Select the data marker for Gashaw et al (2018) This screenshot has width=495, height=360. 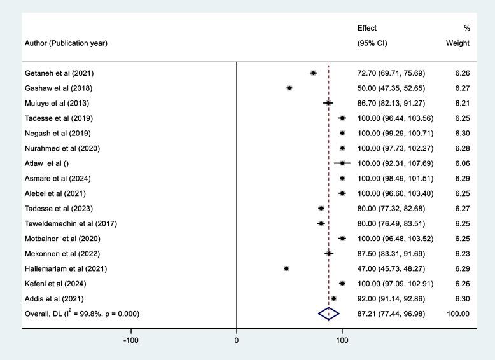[x=289, y=88]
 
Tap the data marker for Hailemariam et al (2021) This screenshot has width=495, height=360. [x=286, y=268]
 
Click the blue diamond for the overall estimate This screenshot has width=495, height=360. [x=329, y=314]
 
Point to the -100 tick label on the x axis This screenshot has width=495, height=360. [x=131, y=341]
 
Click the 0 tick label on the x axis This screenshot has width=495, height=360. [x=237, y=341]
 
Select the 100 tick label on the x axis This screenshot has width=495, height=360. [x=342, y=341]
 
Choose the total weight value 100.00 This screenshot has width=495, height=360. [x=457, y=314]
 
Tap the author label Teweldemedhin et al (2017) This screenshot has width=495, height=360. [x=61, y=223]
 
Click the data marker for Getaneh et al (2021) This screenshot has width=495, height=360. [x=313, y=73]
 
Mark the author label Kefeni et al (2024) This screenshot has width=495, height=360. [x=46, y=284]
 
